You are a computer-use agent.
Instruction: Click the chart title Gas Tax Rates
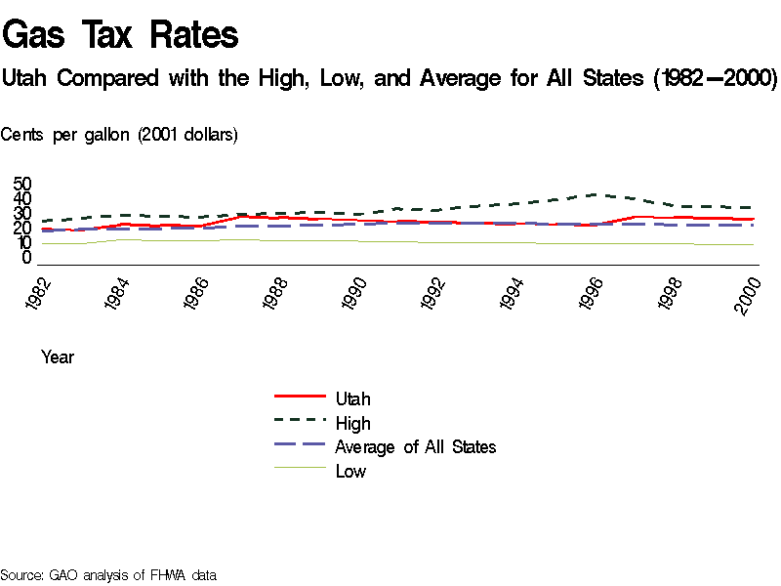[120, 35]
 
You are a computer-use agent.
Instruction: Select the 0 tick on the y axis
[27, 258]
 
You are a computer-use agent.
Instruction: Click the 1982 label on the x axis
[40, 295]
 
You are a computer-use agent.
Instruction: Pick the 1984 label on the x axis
[120, 295]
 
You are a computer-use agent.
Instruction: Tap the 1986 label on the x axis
[199, 295]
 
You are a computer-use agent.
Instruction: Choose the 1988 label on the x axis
[278, 295]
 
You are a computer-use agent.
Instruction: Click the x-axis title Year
[58, 357]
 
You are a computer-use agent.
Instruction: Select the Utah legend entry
[352, 398]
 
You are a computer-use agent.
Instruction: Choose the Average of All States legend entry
[415, 447]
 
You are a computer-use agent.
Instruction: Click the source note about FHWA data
[108, 575]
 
